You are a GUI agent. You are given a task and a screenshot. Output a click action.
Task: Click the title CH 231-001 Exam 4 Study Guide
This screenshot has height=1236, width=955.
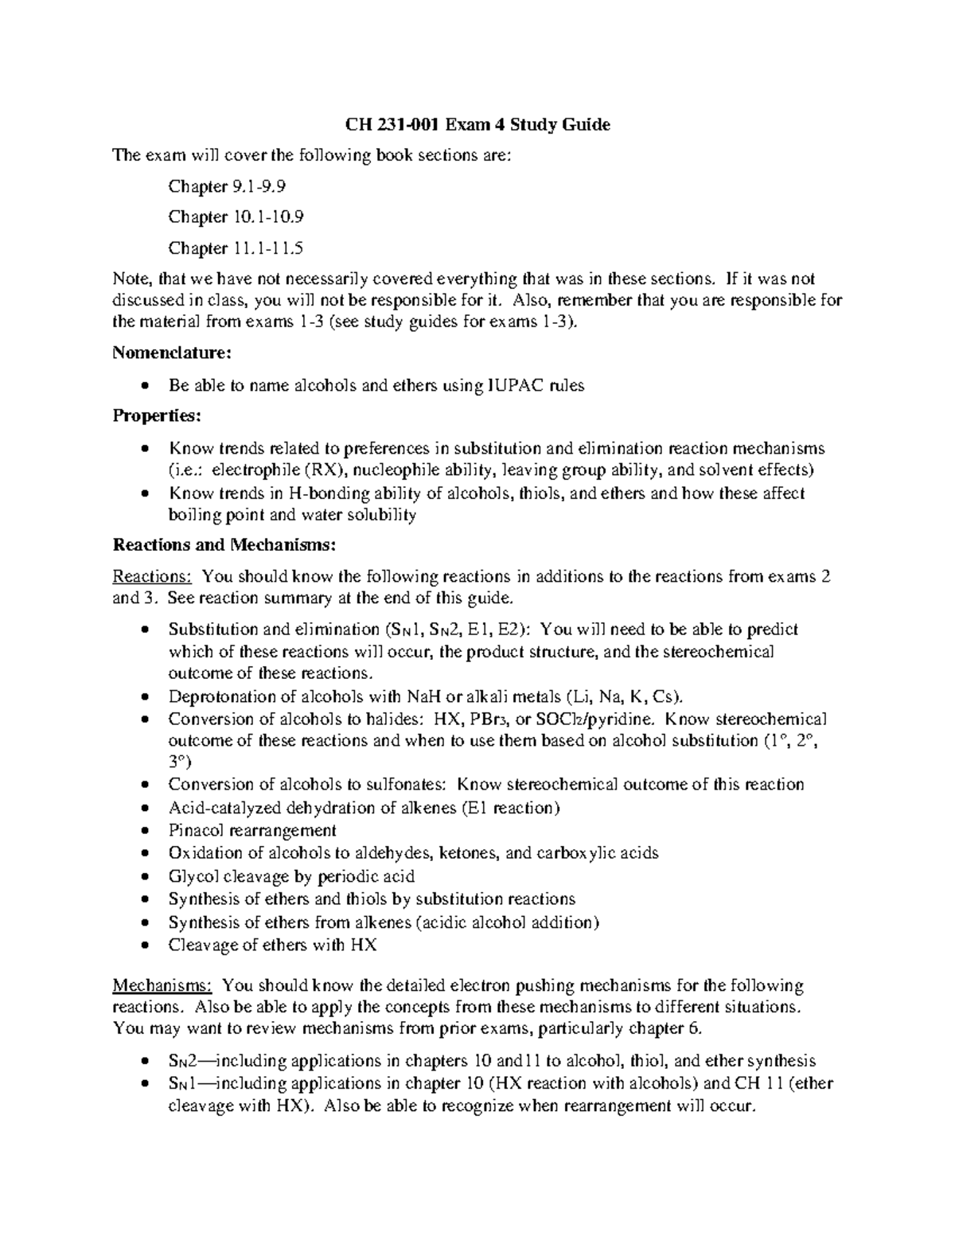point(477,124)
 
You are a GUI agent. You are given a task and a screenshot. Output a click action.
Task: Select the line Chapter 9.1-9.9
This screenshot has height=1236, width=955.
point(227,187)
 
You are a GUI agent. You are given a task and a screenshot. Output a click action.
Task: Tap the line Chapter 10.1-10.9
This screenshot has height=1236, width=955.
point(236,217)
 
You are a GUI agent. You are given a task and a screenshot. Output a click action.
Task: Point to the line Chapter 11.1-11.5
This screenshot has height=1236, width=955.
point(236,248)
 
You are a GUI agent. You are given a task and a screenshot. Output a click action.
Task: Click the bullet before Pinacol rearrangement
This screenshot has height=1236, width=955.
point(143,831)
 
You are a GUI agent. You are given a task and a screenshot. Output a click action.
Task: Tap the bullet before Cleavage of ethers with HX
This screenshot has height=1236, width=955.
point(143,946)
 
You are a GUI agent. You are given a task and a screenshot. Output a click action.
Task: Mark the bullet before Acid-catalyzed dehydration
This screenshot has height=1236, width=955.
point(143,808)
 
